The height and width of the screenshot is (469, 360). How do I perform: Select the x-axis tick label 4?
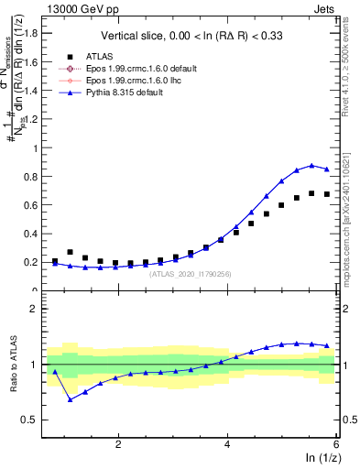(x=227, y=444)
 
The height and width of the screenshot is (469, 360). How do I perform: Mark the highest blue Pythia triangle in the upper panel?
(x=311, y=166)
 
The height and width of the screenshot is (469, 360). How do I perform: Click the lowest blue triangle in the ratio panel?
(x=70, y=399)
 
